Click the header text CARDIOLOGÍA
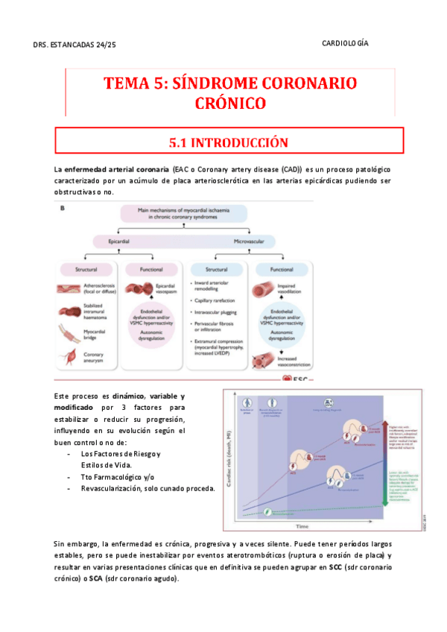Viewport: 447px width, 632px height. pyautogui.click(x=346, y=44)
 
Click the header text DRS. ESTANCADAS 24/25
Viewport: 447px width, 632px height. pyautogui.click(x=75, y=45)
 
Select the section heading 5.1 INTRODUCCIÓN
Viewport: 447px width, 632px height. pyautogui.click(x=223, y=141)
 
